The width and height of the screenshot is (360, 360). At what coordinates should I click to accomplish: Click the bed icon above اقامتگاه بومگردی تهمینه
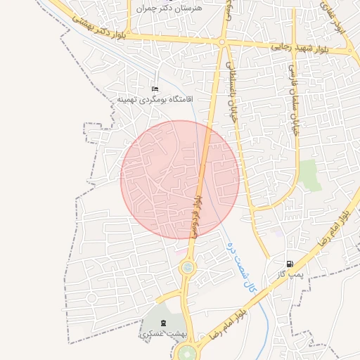[155, 89]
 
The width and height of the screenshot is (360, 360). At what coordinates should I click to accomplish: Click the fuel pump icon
[290, 264]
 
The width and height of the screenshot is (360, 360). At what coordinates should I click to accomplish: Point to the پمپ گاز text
[289, 275]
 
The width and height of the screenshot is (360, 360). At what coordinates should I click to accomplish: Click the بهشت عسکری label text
[155, 334]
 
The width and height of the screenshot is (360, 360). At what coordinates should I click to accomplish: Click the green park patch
[307, 174]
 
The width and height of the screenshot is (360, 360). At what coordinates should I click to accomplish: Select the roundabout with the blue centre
[188, 267]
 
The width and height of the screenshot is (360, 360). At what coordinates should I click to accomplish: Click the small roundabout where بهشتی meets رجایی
[221, 43]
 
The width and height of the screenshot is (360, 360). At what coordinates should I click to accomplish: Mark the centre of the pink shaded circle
[180, 179]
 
